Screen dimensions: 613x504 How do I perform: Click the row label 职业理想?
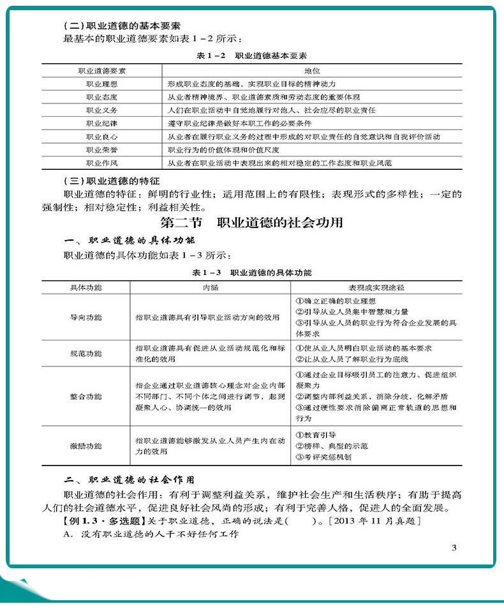pos(101,84)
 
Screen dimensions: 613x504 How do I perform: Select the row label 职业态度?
pos(101,97)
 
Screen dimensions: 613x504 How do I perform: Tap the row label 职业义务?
pos(101,110)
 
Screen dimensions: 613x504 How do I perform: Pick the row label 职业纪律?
pos(101,123)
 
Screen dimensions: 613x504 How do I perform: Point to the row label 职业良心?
pos(101,137)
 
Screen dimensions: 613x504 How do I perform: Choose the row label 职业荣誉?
pos(101,150)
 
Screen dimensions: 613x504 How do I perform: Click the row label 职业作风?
pos(101,163)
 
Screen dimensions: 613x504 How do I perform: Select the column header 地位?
pos(311,70)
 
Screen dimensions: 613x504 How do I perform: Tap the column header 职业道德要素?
pos(101,70)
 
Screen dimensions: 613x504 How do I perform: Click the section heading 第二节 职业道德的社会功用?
pos(252,223)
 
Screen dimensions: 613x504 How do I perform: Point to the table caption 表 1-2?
pos(212,56)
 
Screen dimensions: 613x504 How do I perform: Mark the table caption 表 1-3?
pos(205,273)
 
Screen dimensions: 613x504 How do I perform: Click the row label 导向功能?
pos(85,317)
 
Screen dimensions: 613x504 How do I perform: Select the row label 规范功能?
pos(85,353)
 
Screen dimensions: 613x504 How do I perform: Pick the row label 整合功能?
pos(85,396)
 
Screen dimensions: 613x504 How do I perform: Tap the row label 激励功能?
pos(85,446)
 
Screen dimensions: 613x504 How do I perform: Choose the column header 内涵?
pos(211,287)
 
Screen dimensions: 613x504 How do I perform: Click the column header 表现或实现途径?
pos(377,287)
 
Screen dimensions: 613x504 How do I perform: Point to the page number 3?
pos(454,547)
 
